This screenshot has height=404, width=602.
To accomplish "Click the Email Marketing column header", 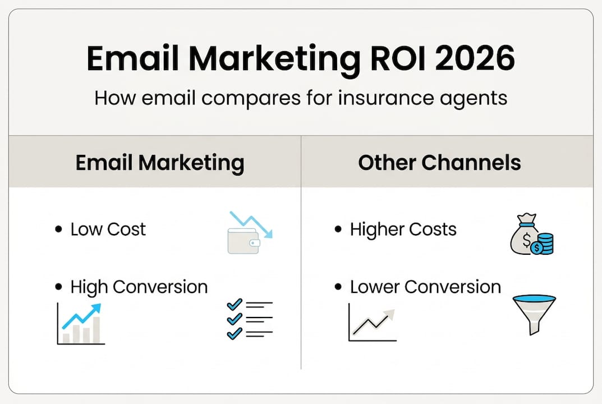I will tap(160, 163).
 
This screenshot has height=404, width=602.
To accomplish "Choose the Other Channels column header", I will tap(439, 163).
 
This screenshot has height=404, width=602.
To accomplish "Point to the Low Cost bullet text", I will tap(108, 229).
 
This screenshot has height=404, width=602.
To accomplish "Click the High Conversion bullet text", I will tap(139, 287).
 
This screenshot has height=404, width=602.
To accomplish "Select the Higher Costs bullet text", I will tap(403, 229).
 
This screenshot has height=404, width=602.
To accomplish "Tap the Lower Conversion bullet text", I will tap(425, 287).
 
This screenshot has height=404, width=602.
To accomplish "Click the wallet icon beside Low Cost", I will tap(243, 240).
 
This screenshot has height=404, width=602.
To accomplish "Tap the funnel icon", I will tap(534, 314).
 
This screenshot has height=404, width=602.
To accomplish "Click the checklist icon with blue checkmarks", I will tap(249, 318).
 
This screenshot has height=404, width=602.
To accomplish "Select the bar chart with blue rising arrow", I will tap(81, 323).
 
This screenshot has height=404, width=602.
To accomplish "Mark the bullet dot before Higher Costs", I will tap(338, 229).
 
